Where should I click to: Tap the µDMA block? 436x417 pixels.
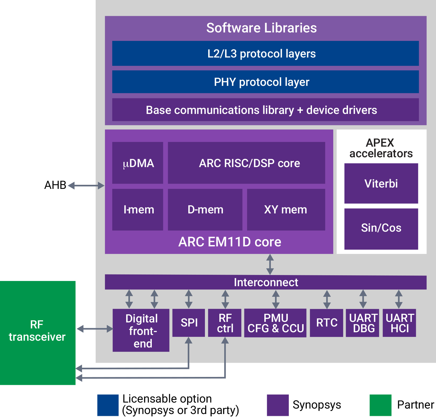click(138, 163)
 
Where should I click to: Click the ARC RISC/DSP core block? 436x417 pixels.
click(246, 163)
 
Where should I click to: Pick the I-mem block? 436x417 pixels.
click(138, 210)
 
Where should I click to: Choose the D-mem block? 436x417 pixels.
click(205, 210)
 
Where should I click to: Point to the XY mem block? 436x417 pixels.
click(286, 210)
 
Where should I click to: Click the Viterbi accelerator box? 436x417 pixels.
click(381, 183)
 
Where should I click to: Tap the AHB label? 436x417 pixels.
click(55, 185)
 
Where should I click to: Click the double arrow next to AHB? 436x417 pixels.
click(86, 186)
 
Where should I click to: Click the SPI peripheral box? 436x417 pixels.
click(189, 323)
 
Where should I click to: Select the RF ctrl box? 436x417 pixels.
click(225, 323)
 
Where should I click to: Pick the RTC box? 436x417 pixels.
click(326, 323)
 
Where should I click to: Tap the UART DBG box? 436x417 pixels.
click(363, 323)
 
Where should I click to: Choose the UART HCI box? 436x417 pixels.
click(399, 323)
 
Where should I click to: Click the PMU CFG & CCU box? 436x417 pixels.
click(275, 323)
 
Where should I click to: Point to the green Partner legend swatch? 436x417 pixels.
click(380, 405)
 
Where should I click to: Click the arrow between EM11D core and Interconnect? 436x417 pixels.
click(270, 264)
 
